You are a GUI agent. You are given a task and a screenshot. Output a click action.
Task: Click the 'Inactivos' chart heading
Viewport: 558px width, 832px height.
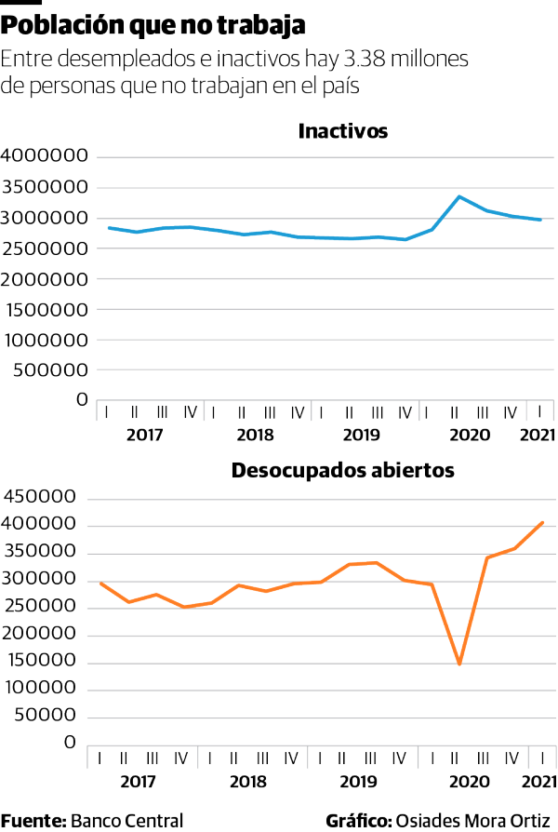[342, 131]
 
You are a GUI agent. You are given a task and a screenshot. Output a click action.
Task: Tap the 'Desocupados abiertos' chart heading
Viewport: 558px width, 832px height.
[342, 471]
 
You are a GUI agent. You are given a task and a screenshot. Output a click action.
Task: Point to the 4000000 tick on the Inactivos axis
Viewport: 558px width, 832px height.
[45, 157]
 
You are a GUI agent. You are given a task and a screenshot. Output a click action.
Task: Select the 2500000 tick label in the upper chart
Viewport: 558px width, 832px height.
[45, 248]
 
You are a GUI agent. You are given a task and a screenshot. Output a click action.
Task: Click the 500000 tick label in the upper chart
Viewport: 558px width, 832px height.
[50, 369]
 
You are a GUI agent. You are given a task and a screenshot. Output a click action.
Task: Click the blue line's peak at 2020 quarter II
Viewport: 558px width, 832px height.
[459, 196]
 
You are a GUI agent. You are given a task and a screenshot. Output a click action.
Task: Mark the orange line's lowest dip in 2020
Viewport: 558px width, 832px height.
[459, 664]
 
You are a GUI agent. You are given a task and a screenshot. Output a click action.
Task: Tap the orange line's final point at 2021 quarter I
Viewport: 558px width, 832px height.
[543, 522]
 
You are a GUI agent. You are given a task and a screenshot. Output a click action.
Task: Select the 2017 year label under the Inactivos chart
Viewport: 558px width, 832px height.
[144, 435]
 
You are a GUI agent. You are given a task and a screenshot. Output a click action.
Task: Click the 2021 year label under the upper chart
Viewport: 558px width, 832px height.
[538, 435]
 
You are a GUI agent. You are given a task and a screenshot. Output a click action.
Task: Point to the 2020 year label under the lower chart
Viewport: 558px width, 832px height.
[469, 782]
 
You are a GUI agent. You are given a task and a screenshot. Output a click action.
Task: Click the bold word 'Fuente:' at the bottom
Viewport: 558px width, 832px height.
[33, 821]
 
